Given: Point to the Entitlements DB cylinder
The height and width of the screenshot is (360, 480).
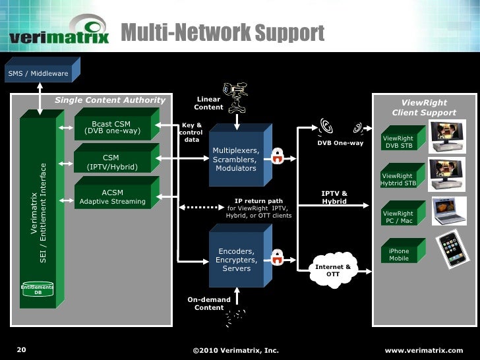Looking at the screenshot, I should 38,290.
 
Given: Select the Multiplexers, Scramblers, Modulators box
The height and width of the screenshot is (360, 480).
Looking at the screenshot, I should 235,158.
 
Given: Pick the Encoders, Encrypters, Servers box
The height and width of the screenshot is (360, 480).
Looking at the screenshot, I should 236,258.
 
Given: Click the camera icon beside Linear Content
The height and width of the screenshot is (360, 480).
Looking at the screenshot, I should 234,92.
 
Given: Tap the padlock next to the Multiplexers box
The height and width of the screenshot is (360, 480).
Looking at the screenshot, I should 278,156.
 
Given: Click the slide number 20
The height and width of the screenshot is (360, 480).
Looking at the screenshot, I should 20,349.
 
